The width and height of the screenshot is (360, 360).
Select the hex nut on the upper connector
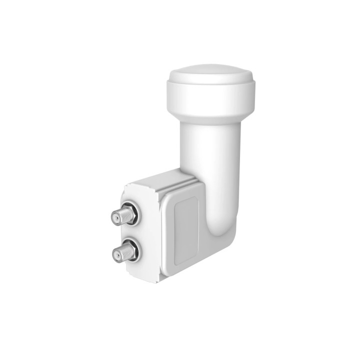point(131,213)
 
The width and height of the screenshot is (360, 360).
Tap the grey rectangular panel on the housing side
point(185,220)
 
